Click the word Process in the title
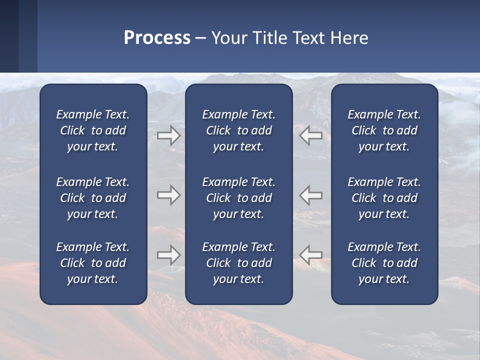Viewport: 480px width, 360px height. [x=157, y=37]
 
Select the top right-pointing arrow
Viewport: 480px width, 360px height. [x=169, y=135]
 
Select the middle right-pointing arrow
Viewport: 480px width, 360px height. [x=169, y=195]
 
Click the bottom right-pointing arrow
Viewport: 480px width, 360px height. [x=169, y=255]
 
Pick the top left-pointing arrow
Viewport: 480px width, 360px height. [x=311, y=135]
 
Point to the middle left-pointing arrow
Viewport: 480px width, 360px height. [x=311, y=195]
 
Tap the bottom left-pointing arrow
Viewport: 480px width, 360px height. [x=311, y=255]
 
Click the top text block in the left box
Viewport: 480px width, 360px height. [x=93, y=130]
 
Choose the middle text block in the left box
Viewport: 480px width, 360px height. [x=93, y=198]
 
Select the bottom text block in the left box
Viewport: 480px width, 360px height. [x=93, y=263]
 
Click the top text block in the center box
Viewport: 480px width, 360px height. [x=238, y=130]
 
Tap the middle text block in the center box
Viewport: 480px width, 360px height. [x=238, y=198]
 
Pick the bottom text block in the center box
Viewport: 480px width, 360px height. [x=238, y=263]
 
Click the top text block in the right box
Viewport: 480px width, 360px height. [x=384, y=130]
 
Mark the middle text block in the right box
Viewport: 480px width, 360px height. [x=384, y=198]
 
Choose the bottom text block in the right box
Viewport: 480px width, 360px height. [x=384, y=263]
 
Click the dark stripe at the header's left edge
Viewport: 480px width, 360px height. [x=9, y=36]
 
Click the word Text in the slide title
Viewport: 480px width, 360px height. [x=308, y=37]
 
